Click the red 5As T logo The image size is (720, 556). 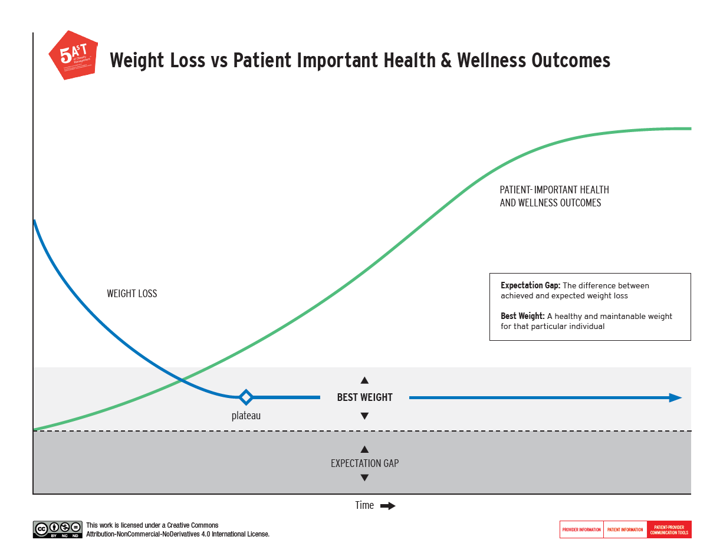point(72,55)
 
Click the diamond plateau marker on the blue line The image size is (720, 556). point(246,397)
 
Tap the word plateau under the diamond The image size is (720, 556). point(246,416)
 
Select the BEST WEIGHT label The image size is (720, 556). point(364,397)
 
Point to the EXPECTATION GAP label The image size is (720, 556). point(364,463)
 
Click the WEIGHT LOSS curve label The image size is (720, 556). point(132,294)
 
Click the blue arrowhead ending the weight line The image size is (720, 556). point(675,398)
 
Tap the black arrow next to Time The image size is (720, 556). point(387,506)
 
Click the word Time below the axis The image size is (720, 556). point(364,505)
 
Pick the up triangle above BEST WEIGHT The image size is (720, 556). point(364,380)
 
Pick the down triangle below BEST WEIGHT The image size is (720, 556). point(364,416)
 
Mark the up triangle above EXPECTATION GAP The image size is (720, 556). point(364,449)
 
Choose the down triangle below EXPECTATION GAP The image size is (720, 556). point(364,478)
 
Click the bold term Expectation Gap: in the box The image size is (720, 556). point(530,286)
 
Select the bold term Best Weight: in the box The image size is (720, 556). point(522,317)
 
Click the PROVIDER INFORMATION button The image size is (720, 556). point(581,529)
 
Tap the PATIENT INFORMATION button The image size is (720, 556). point(625,529)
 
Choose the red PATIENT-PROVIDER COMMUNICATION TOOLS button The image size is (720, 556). point(669,529)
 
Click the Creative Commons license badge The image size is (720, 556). point(58,529)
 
